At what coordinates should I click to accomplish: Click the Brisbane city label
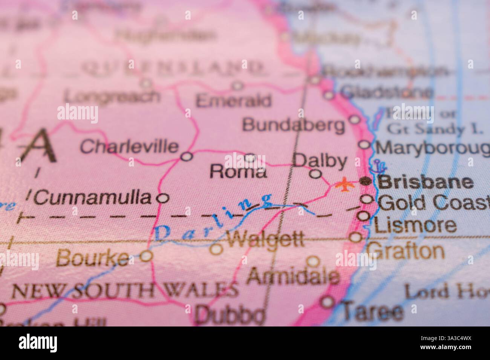click(x=426, y=182)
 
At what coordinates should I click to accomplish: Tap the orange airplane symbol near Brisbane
click(x=343, y=185)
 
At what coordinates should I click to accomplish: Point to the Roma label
click(x=238, y=172)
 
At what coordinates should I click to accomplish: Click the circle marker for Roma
click(x=250, y=157)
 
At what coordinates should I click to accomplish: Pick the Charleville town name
click(x=129, y=146)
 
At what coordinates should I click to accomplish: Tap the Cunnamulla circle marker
click(x=162, y=198)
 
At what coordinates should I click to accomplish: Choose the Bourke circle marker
click(x=146, y=256)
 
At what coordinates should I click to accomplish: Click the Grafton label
click(x=406, y=250)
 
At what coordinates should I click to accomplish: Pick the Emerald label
click(x=233, y=101)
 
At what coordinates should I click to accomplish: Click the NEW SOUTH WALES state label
click(x=124, y=290)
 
